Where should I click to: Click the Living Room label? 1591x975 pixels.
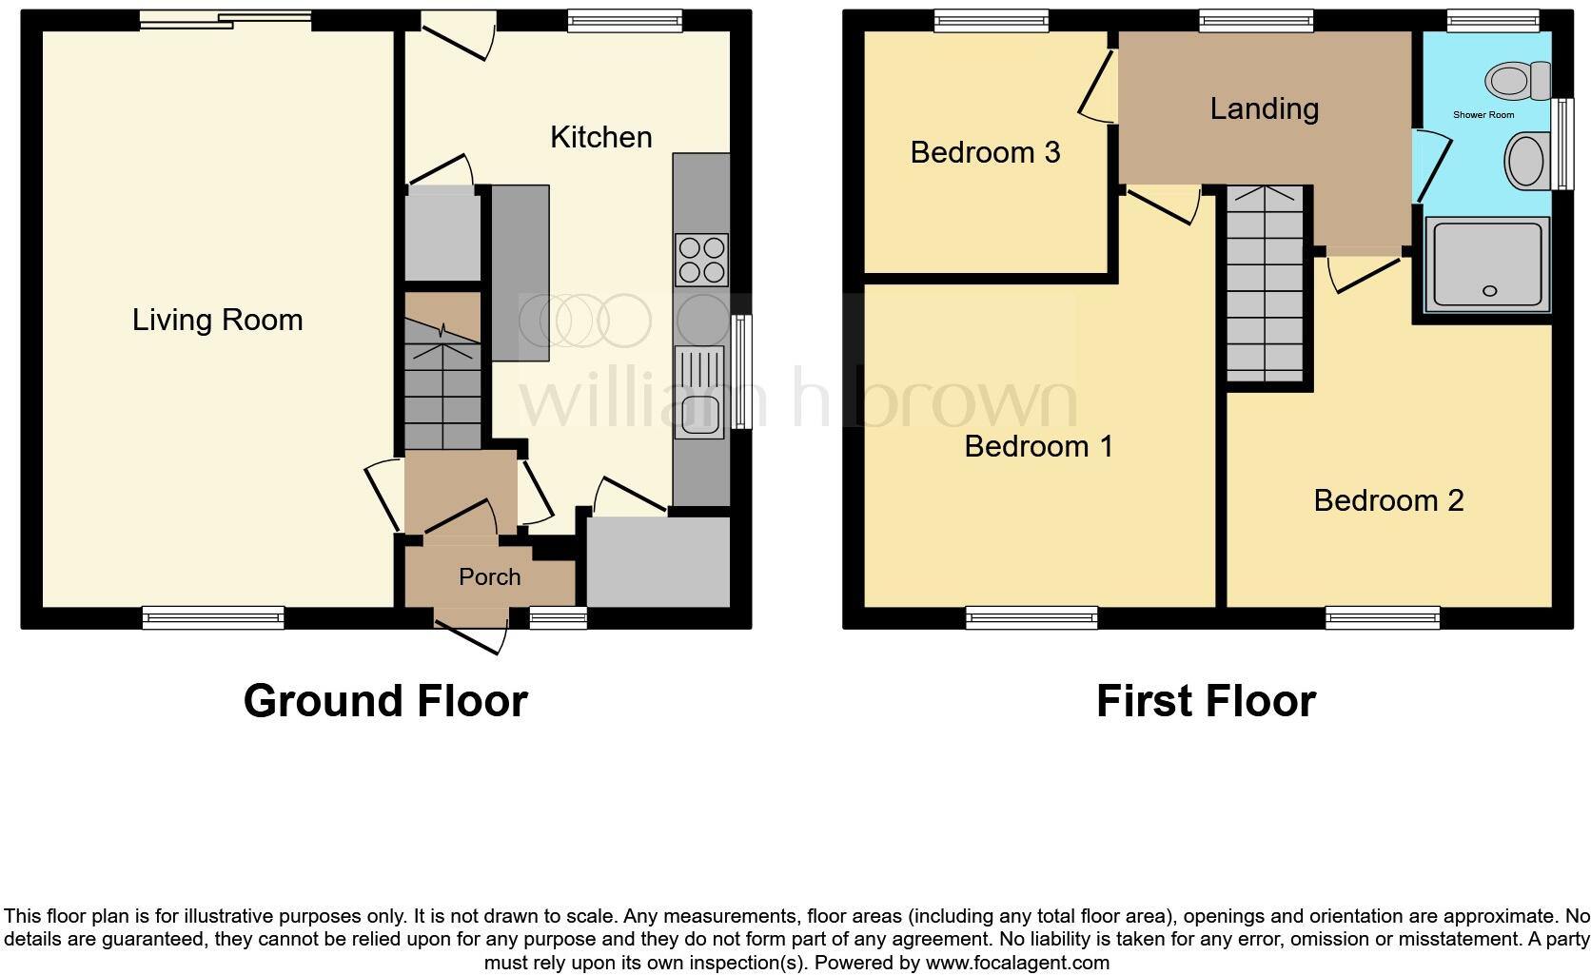click(217, 320)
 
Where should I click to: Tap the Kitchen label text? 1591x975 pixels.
click(600, 137)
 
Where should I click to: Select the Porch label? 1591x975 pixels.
click(489, 576)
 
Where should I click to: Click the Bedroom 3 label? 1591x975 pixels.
click(985, 152)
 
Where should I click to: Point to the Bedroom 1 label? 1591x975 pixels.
click(1038, 445)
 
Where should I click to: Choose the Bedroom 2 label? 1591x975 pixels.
click(1387, 500)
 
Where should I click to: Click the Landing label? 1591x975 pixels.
click(1264, 108)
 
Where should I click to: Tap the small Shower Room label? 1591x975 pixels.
click(1483, 115)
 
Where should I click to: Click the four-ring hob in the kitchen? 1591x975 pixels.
click(701, 260)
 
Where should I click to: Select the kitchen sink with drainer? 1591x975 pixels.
click(700, 394)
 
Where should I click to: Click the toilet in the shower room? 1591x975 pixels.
click(1518, 81)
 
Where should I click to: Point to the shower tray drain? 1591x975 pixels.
click(1489, 291)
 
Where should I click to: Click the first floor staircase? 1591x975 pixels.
click(1264, 283)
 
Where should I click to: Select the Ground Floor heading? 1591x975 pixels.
click(385, 701)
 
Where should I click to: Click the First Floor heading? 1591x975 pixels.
click(1205, 701)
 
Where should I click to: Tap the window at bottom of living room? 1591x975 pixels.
click(213, 617)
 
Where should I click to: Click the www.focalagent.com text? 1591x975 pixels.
click(1016, 963)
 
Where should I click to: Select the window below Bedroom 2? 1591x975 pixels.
click(1382, 618)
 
